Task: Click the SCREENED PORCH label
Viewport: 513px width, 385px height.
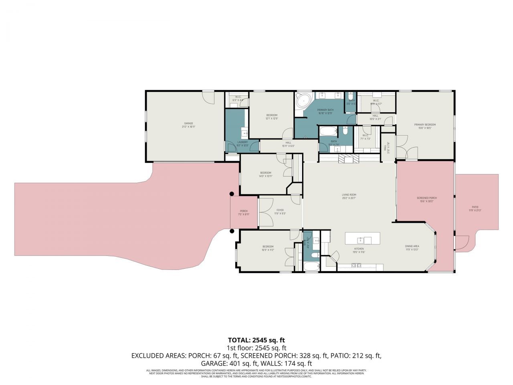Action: point(426,198)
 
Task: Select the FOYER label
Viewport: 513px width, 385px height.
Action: point(280,210)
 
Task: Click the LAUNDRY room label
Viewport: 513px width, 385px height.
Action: point(242,142)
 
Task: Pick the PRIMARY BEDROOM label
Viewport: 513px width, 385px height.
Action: point(425,125)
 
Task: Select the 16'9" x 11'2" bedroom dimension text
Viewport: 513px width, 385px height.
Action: point(268,250)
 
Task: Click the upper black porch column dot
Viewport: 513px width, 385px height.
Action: point(231,194)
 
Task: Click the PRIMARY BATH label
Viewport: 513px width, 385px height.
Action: point(325,110)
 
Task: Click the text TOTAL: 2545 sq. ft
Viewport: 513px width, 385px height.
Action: point(256,340)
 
